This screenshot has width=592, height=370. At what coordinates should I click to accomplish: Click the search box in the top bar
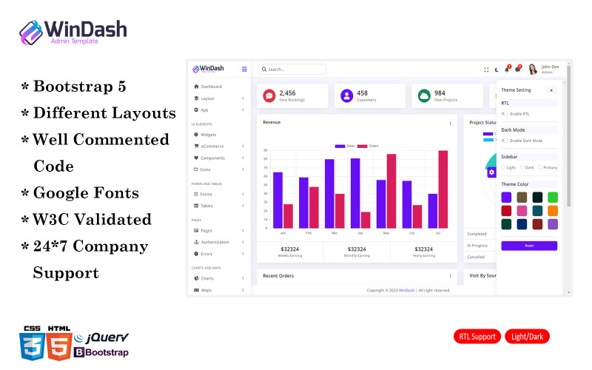click(292, 70)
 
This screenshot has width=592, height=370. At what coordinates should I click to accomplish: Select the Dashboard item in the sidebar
click(211, 87)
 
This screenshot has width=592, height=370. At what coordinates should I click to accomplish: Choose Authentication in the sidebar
click(215, 242)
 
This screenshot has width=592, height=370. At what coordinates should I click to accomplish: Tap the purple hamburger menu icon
click(244, 69)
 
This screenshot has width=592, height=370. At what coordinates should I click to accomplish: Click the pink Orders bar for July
click(443, 189)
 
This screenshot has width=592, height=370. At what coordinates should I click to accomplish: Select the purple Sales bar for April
click(355, 192)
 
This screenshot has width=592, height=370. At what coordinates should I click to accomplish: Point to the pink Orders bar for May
click(391, 190)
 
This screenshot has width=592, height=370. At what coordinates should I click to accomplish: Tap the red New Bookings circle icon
click(269, 95)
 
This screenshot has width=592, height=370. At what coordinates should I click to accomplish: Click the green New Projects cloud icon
click(424, 95)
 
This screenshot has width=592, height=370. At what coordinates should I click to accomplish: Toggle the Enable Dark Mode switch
click(505, 140)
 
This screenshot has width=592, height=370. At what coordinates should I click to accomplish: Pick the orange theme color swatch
click(553, 211)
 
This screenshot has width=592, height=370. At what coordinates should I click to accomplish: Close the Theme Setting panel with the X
click(551, 90)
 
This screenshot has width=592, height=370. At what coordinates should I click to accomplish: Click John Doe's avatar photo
click(533, 70)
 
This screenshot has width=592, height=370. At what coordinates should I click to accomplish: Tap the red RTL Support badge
click(477, 337)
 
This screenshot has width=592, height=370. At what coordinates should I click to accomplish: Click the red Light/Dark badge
click(527, 337)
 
